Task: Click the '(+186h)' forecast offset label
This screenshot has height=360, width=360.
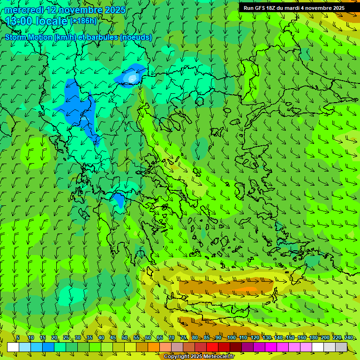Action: tap(83, 21)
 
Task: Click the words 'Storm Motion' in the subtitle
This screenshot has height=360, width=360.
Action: tap(28, 37)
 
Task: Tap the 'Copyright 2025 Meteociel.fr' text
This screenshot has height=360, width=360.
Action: tap(200, 357)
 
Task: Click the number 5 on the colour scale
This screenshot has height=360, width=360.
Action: tap(18, 337)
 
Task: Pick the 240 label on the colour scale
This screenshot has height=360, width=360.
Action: tap(349, 337)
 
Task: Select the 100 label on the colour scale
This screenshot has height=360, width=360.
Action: tap(232, 337)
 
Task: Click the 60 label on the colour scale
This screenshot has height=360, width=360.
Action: tap(148, 337)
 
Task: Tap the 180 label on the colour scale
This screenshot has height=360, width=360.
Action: tap(313, 337)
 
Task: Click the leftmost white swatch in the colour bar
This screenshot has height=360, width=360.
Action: tap(13, 347)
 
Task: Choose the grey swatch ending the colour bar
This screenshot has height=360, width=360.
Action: tap(341, 347)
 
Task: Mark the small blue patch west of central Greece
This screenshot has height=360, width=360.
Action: tap(119, 200)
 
